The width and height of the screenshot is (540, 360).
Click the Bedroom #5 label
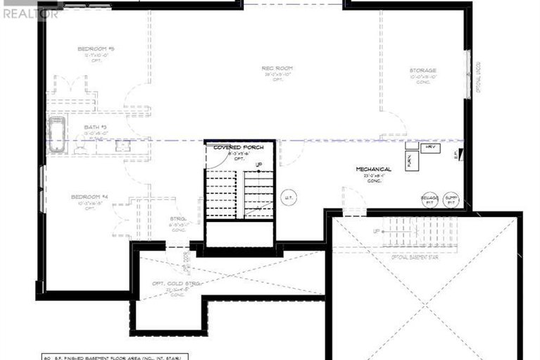[96, 49]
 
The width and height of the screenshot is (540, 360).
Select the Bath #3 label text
[94, 128]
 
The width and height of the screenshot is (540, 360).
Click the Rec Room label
[277, 68]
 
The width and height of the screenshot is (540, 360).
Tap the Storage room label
[423, 70]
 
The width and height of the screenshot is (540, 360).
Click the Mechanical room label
[373, 169]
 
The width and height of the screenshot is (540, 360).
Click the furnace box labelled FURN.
[410, 161]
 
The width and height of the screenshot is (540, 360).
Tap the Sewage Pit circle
[429, 200]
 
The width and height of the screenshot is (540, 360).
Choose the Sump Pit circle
[451, 200]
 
